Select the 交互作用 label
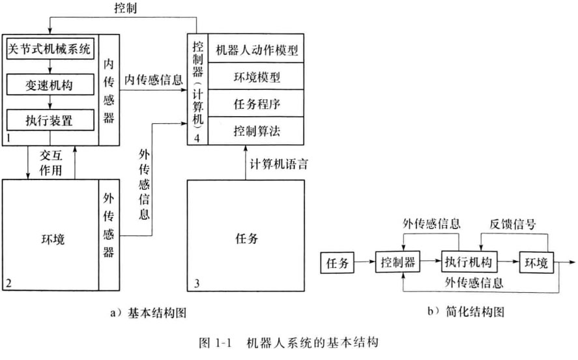50,162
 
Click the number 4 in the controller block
198,138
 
